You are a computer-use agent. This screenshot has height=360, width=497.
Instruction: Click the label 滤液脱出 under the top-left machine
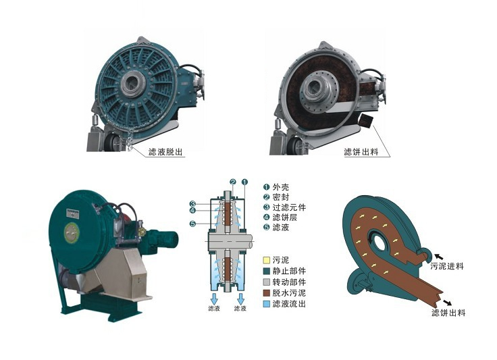point(165,152)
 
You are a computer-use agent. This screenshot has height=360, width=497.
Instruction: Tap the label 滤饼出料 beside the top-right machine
point(361,152)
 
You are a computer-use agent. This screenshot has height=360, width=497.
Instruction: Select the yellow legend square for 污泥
point(267,260)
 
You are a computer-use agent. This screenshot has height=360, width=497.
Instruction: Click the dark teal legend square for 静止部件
point(267,272)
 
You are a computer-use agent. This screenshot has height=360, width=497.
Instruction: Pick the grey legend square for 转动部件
point(267,282)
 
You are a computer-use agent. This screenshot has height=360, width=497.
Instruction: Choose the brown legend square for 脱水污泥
point(267,293)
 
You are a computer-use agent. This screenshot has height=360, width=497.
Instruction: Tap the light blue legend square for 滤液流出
point(267,303)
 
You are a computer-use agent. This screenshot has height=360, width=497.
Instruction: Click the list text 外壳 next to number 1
point(281,187)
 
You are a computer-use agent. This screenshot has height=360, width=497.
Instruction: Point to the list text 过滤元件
point(289,207)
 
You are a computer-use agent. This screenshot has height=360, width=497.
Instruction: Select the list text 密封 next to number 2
point(281,197)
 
